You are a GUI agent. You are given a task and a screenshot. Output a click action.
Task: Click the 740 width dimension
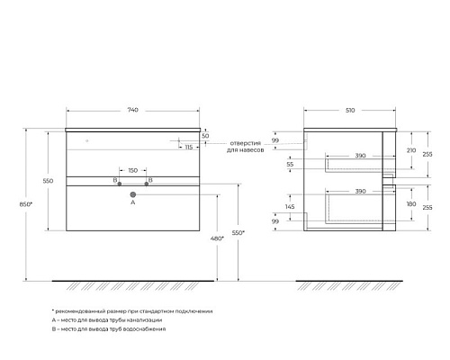tap(133, 110)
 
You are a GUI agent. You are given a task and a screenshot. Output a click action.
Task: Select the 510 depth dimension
tap(350, 110)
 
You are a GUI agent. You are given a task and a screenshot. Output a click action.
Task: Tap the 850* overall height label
tap(26, 204)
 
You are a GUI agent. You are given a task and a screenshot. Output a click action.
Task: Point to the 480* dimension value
tap(217, 238)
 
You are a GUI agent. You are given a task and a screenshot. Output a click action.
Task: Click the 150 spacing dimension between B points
tap(133, 170)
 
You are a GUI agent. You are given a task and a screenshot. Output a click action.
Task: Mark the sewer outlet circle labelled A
tap(133, 194)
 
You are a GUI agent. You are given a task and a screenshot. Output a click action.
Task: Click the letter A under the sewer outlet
tap(133, 202)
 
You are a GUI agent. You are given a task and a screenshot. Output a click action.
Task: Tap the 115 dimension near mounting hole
tap(189, 148)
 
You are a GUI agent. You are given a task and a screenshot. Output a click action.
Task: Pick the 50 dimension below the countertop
tap(205, 136)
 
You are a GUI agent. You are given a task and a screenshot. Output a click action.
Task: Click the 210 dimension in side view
tap(411, 150)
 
